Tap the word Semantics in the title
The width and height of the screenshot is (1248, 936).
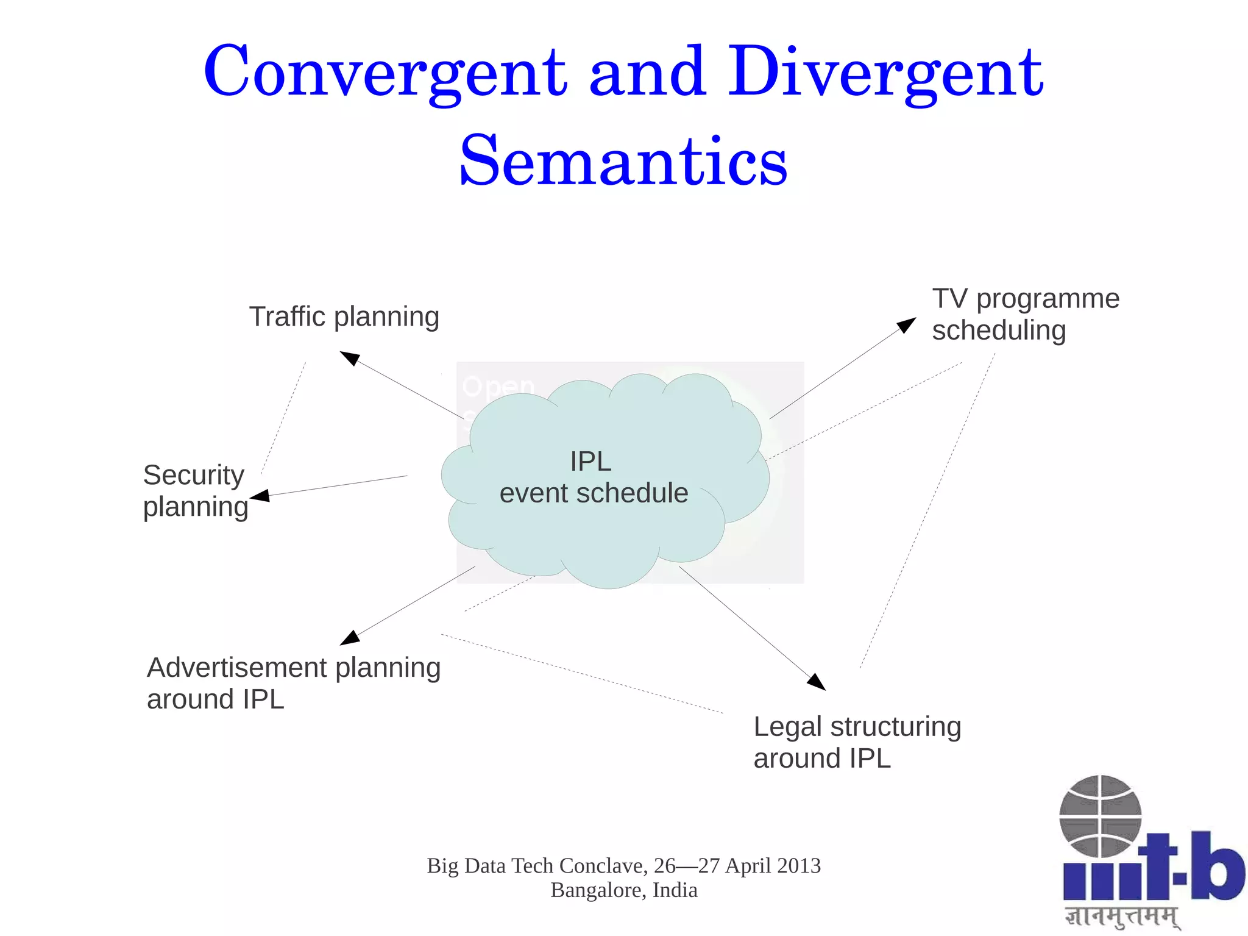tap(623, 162)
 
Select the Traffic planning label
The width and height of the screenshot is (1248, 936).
tap(344, 317)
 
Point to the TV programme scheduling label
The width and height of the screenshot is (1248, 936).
tap(1025, 315)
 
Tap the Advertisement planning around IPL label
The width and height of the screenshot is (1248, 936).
tap(293, 683)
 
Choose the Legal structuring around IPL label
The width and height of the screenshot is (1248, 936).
tap(857, 742)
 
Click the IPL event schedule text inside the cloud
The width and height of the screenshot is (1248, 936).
tap(593, 477)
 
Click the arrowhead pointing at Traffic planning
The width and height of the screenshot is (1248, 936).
tap(349, 358)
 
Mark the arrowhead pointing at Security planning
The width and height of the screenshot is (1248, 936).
tap(260, 496)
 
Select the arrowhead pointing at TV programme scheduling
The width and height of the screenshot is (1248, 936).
tap(907, 324)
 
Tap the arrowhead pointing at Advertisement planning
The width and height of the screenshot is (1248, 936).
tap(350, 637)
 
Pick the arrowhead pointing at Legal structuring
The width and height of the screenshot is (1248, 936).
tap(817, 682)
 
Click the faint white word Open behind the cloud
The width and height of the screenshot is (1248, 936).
tap(498, 386)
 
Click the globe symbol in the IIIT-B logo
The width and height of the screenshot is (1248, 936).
tap(1100, 816)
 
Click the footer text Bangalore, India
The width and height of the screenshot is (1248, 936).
tap(623, 890)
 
